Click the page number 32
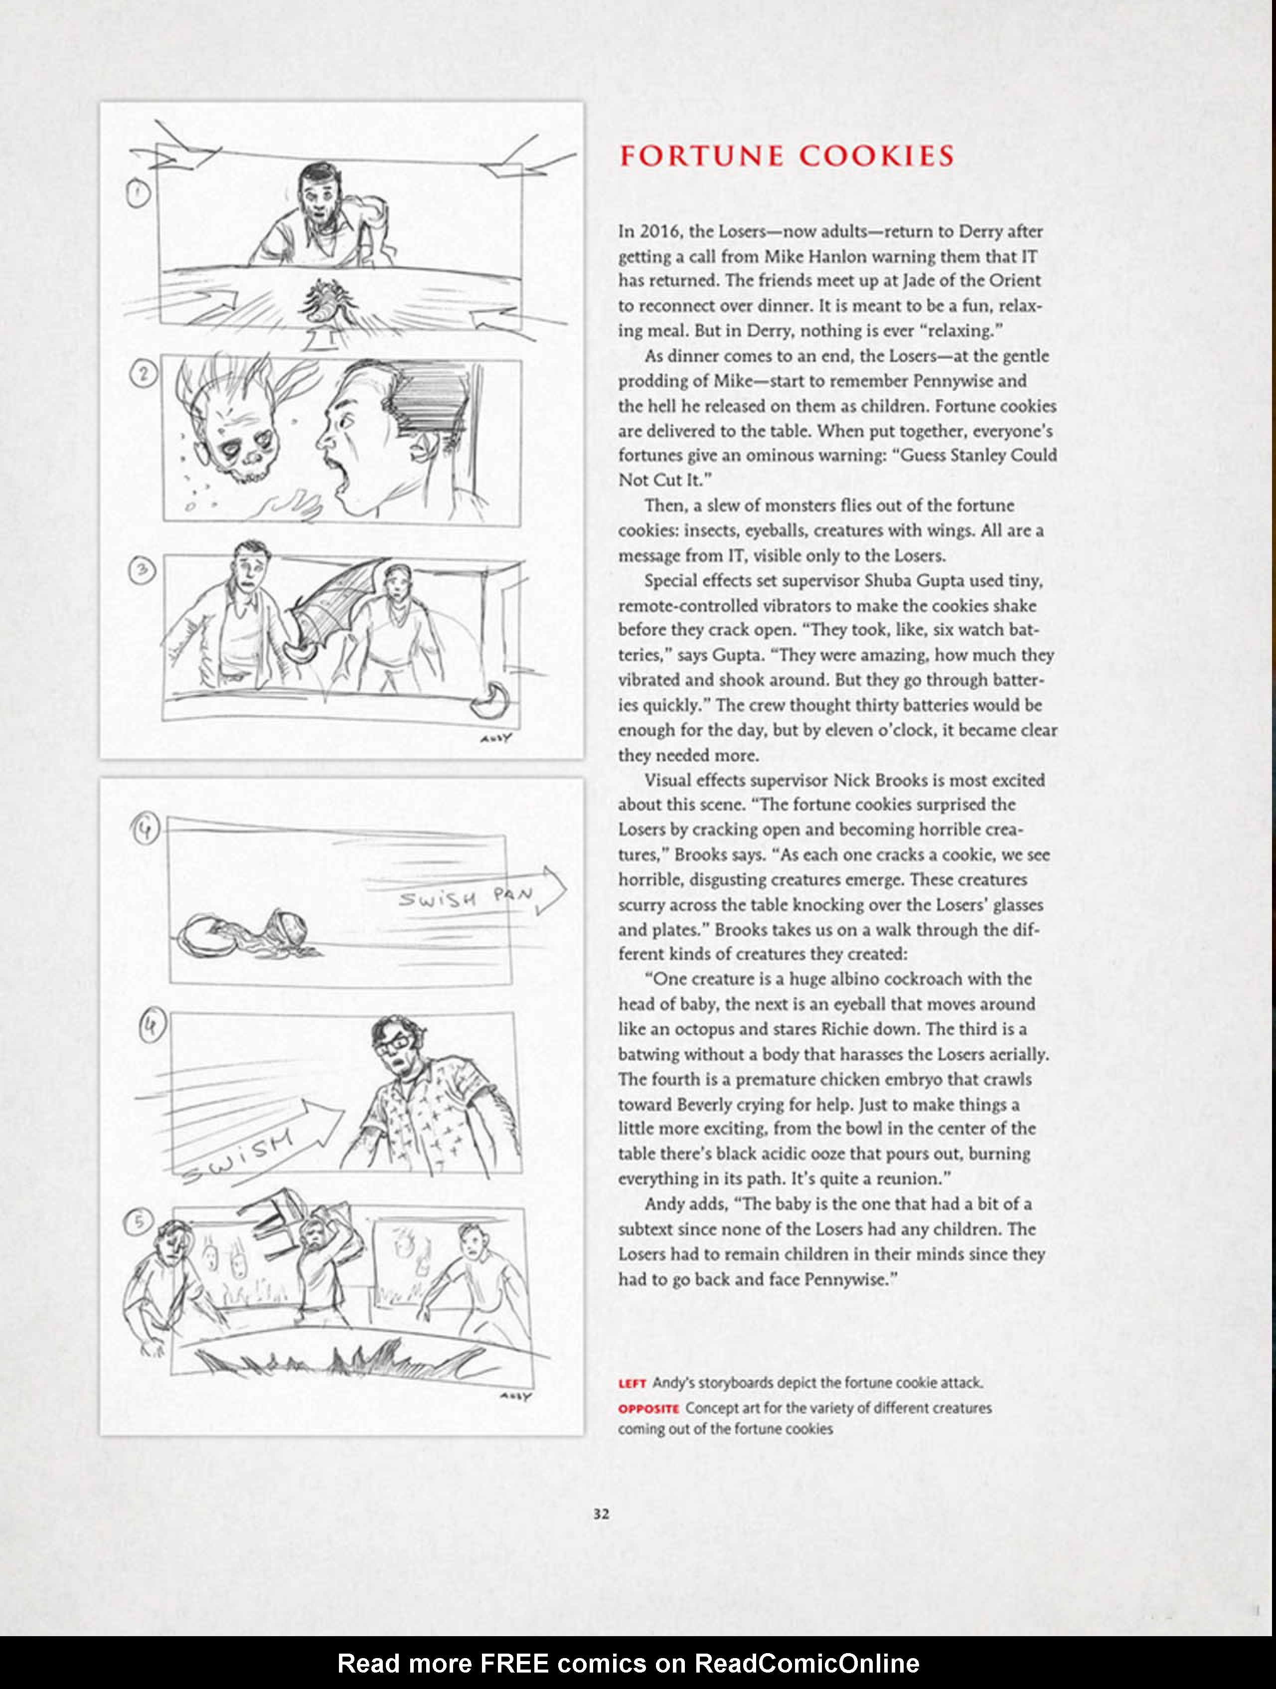tap(601, 1514)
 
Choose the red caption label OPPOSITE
tap(648, 1408)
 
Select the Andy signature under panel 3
tap(495, 738)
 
